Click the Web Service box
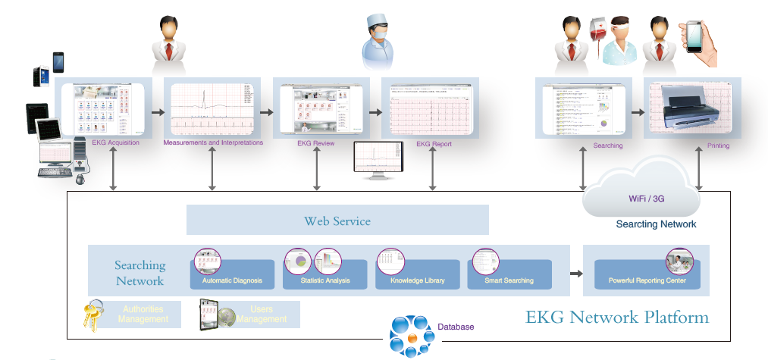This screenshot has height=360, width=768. point(337,221)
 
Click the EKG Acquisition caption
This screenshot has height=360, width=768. point(115,142)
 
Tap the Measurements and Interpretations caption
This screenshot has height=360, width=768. point(213,142)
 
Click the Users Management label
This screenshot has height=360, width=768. point(262,314)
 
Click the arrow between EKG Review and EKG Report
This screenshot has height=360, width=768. point(375,111)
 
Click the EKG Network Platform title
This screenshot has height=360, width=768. point(617,317)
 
